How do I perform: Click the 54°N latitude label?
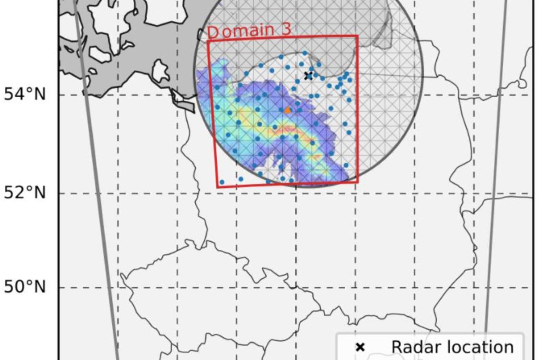[x=25, y=94]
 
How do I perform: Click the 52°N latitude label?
[x=25, y=193]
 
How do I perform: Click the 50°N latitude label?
[x=25, y=287]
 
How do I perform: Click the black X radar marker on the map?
[x=308, y=76]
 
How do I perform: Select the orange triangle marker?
[x=288, y=110]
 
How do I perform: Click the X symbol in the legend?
[x=360, y=347]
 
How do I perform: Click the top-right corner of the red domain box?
[x=358, y=36]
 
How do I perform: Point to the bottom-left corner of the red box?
[x=218, y=187]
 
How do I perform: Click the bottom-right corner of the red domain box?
[x=358, y=182]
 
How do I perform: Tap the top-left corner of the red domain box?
[x=208, y=41]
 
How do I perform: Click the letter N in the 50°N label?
[x=40, y=287]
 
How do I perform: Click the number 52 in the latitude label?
[x=15, y=193]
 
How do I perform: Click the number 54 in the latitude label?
[x=15, y=94]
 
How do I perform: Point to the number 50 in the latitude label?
[x=15, y=287]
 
